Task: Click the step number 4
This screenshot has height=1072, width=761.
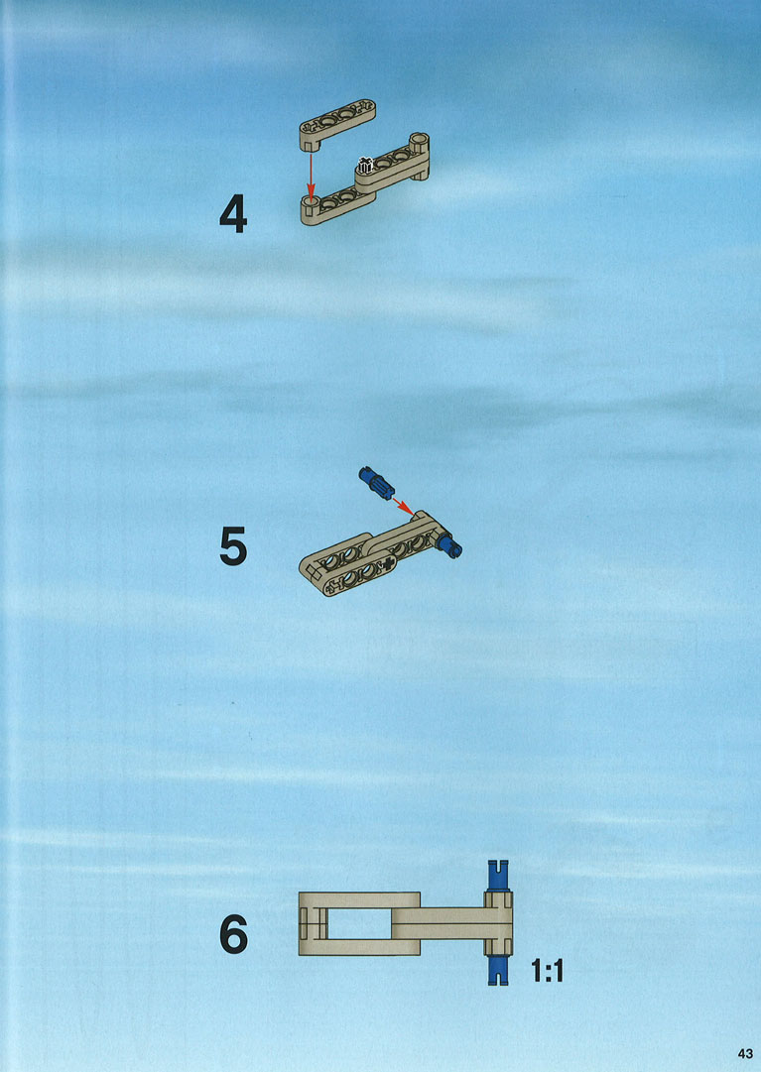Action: (x=233, y=213)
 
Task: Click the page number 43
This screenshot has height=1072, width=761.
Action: (x=744, y=1052)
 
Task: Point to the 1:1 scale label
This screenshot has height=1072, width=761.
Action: (x=547, y=970)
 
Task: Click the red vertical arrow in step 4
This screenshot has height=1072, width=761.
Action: (x=311, y=175)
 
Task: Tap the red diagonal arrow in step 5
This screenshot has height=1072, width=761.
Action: (x=404, y=506)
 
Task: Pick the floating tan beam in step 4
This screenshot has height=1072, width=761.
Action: (x=337, y=124)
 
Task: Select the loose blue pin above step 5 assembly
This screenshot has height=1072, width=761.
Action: (x=376, y=483)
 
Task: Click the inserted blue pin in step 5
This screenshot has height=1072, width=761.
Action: (x=450, y=545)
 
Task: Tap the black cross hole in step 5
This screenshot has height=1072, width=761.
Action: (x=389, y=563)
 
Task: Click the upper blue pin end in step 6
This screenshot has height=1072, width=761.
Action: (x=498, y=875)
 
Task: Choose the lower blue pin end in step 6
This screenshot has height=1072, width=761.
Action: (x=498, y=970)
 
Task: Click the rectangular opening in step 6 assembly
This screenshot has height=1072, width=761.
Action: (x=359, y=923)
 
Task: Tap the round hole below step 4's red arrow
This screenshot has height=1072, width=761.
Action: (x=312, y=201)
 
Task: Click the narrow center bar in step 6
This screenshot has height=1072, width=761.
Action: (x=439, y=923)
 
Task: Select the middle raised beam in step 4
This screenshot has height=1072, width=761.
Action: (x=391, y=169)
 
